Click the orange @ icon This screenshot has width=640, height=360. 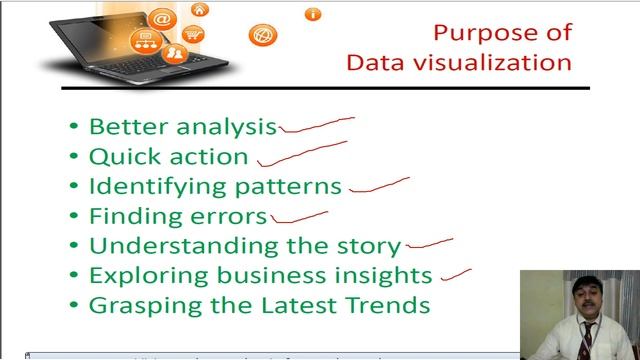[160, 19]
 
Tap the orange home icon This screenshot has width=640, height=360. [201, 10]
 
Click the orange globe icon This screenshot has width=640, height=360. [265, 35]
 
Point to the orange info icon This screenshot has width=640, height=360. [314, 14]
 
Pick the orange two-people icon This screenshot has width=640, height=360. [177, 52]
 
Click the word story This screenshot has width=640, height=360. [370, 246]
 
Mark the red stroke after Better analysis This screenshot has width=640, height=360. [316, 125]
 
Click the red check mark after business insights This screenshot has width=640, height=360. [456, 268]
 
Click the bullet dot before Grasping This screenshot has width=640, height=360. [74, 306]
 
